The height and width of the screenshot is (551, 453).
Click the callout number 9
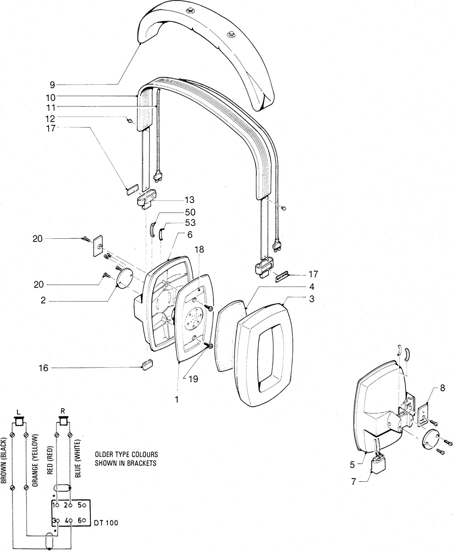(x=52, y=84)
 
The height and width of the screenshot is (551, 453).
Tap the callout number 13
(x=190, y=200)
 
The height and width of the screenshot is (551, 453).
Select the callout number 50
(x=190, y=212)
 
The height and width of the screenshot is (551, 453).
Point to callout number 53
(x=190, y=223)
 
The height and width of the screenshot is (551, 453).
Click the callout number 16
(x=44, y=368)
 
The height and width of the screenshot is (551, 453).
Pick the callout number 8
(x=442, y=388)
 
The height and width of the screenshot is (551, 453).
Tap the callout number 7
(x=353, y=482)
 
